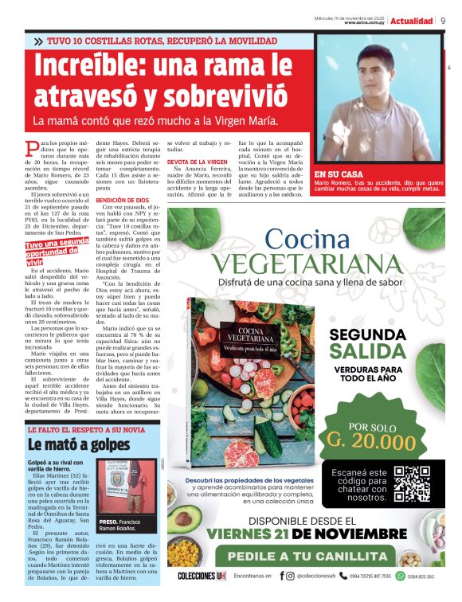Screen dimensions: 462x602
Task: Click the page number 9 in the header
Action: pyautogui.click(x=443, y=21)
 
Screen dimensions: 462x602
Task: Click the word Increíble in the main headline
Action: pyautogui.click(x=88, y=64)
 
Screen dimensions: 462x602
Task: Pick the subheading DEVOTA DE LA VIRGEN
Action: pyautogui.click(x=196, y=162)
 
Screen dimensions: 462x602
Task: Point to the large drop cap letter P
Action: pyautogui.click(x=31, y=147)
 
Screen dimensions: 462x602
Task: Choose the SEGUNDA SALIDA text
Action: pyautogui.click(x=369, y=342)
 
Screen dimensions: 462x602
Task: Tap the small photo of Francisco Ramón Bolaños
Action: pyautogui.click(x=123, y=486)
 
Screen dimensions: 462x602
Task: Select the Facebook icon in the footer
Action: pyautogui.click(x=281, y=576)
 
